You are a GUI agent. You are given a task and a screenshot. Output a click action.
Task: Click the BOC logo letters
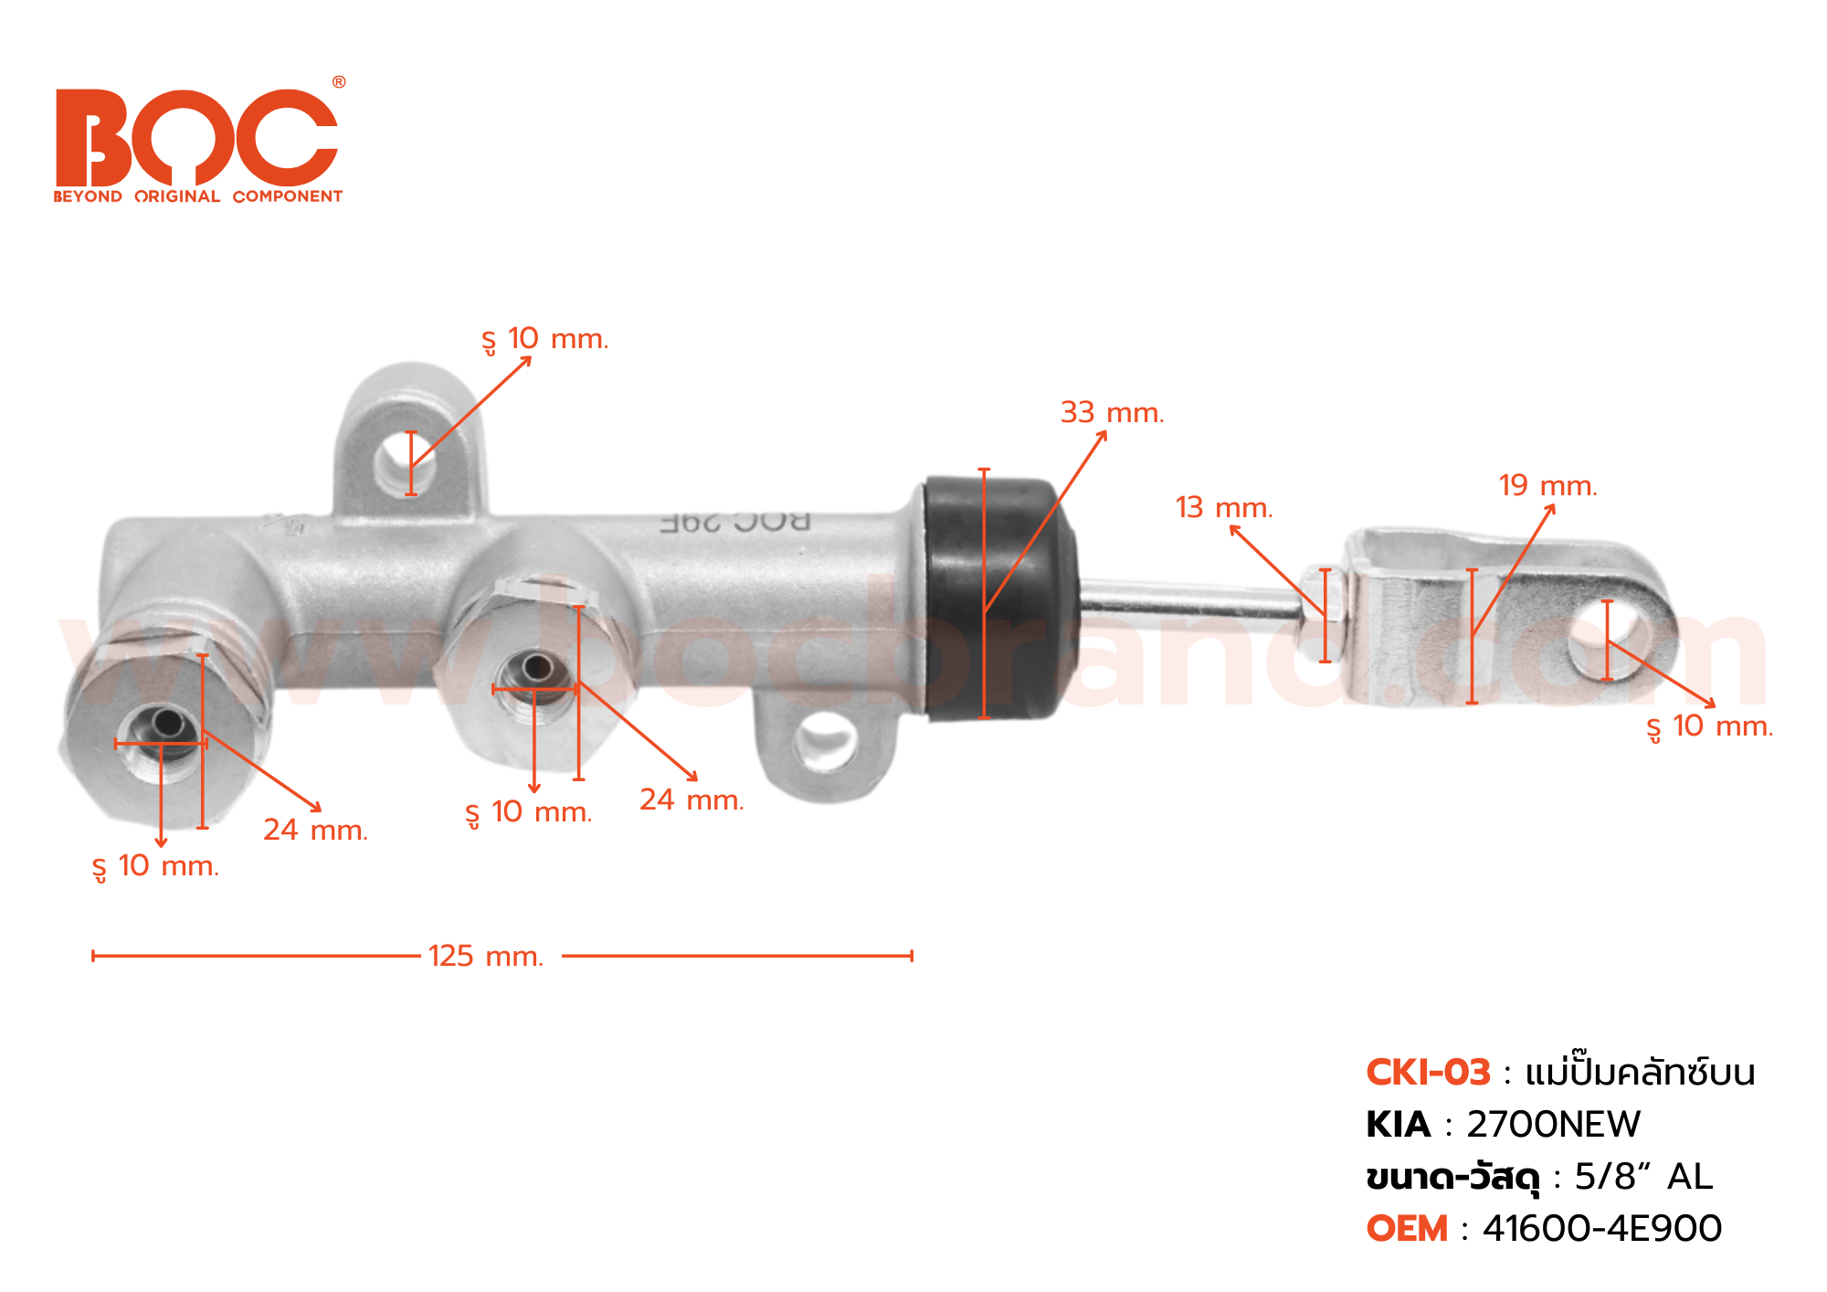pyautogui.click(x=196, y=137)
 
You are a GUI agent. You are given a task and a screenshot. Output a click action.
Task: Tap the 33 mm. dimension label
pyautogui.click(x=1112, y=413)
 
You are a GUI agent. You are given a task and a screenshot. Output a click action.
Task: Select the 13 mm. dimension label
pyautogui.click(x=1223, y=508)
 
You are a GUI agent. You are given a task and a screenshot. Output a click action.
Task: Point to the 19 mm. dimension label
pyautogui.click(x=1547, y=486)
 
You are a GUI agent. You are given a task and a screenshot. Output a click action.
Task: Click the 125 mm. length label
pyautogui.click(x=486, y=957)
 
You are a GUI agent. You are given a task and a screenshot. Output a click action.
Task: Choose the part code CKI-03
pyautogui.click(x=1428, y=1073)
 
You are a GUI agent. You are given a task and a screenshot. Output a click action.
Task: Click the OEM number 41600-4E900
pyautogui.click(x=1601, y=1229)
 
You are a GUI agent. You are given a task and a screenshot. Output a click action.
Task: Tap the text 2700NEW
pyautogui.click(x=1553, y=1125)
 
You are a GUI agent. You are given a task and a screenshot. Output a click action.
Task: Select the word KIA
pyautogui.click(x=1398, y=1125)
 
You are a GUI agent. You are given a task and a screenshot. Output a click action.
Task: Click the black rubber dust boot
pyautogui.click(x=1000, y=598)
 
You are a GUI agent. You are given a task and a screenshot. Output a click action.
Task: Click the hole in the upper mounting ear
pyautogui.click(x=406, y=462)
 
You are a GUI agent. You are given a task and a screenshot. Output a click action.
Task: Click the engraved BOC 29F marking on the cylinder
pyautogui.click(x=735, y=523)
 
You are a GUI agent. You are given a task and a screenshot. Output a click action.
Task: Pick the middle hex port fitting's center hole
pyautogui.click(x=536, y=670)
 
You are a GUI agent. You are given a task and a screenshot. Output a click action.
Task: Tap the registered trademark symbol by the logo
pyautogui.click(x=339, y=82)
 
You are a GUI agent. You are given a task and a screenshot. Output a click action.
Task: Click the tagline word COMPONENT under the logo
pyautogui.click(x=287, y=196)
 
